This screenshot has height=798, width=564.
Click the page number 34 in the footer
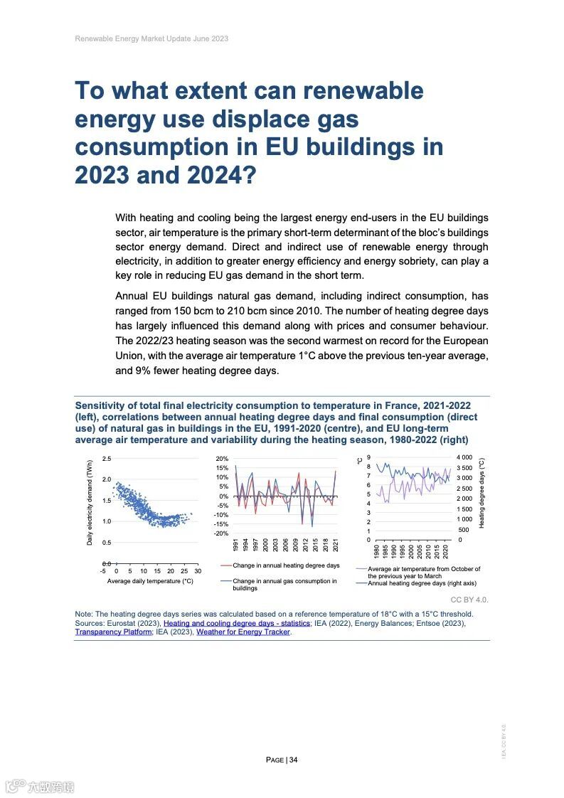[x=293, y=760]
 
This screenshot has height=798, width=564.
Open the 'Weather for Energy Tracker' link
[x=243, y=632]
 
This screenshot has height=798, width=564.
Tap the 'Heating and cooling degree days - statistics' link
[x=237, y=623]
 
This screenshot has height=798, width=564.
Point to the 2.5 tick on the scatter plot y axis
[x=106, y=458]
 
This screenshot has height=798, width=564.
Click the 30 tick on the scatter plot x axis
[x=198, y=571]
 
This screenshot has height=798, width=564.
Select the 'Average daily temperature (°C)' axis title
[x=150, y=581]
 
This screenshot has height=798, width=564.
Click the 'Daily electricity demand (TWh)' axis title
[x=90, y=502]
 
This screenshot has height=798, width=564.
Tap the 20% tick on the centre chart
[x=222, y=459]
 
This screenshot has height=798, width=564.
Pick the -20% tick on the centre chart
[x=222, y=533]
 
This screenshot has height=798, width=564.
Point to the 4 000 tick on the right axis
[x=464, y=457]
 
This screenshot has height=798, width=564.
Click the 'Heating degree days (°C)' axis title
[x=481, y=492]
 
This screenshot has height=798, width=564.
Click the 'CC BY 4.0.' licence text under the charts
[x=469, y=600]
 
